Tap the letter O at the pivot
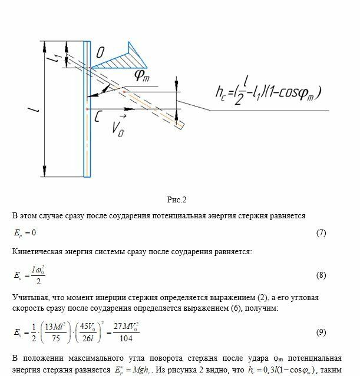tap(101, 53)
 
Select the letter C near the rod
tap(96, 117)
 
